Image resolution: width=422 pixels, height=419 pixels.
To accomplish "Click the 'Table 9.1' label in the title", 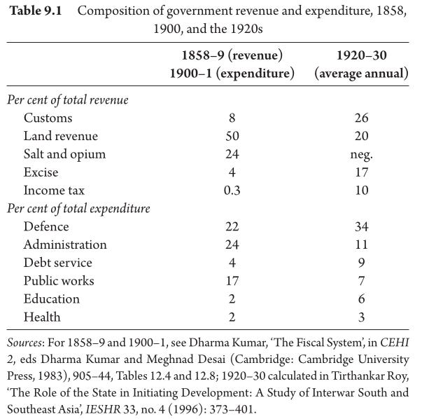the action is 36,11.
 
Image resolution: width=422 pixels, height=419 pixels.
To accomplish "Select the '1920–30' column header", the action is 361,55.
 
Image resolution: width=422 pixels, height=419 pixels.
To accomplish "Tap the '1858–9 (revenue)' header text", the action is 232,55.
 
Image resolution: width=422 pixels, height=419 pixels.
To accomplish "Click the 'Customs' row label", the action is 48,118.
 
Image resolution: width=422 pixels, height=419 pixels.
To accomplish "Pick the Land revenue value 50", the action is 232,136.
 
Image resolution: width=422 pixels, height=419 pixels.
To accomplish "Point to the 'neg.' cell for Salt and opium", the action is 361,155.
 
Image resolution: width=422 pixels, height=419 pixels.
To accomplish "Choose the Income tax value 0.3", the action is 232,191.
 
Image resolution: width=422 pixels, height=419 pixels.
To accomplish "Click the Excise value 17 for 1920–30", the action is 361,172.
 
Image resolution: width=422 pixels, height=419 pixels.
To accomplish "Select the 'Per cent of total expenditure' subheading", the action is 78,209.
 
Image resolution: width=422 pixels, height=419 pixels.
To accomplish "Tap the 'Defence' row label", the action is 46,226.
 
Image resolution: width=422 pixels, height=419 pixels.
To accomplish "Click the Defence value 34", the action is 361,226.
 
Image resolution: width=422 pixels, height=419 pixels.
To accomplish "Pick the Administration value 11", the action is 361,245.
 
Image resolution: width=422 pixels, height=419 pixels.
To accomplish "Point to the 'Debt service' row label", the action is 58,263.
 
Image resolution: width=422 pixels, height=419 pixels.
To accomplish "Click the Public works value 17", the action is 232,281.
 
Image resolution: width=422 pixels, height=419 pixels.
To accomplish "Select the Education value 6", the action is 361,298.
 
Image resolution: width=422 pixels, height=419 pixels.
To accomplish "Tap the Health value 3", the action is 361,317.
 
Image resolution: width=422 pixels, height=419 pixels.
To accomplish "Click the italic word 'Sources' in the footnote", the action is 24,343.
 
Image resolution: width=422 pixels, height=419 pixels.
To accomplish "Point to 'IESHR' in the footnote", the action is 103,409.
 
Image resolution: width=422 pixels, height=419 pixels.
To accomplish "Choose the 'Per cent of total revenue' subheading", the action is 68,100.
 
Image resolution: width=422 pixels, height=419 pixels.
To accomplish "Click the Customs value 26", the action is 361,118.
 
